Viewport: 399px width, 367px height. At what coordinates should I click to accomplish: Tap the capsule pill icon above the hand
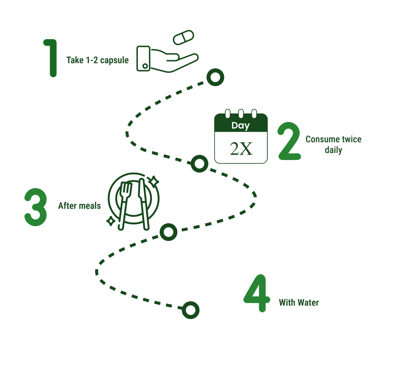(x=183, y=38)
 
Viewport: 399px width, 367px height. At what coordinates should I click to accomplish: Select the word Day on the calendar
(x=240, y=126)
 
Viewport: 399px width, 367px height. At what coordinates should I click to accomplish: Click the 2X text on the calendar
(x=241, y=148)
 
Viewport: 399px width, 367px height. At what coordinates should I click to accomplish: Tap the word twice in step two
(x=350, y=139)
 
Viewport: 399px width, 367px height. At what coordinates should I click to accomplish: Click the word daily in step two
(x=333, y=150)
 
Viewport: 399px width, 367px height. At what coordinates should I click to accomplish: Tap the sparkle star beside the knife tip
(x=153, y=181)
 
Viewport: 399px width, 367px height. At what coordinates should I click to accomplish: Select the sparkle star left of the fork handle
(x=110, y=221)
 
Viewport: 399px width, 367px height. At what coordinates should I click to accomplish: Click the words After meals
(x=79, y=206)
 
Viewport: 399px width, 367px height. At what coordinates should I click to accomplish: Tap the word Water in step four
(x=308, y=303)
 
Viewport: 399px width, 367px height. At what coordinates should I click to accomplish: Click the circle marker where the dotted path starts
(x=215, y=77)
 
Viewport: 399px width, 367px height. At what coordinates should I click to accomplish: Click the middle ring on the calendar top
(x=241, y=113)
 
